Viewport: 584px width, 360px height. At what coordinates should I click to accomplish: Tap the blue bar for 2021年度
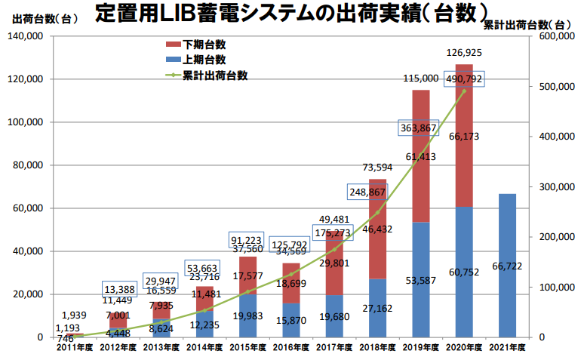tap(507, 265)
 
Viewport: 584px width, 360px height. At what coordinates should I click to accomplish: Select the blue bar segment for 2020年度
tap(464, 272)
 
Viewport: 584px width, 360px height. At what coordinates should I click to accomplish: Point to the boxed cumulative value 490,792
tap(464, 78)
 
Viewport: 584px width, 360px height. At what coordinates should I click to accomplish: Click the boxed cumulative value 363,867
tap(420, 128)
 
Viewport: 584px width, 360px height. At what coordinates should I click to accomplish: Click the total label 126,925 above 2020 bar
tap(464, 53)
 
